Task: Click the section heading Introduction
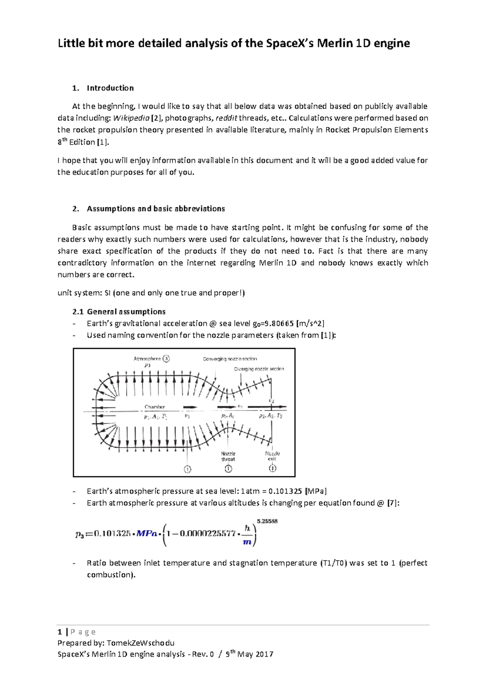110,88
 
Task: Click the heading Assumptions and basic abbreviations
156,209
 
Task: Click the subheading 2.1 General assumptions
119,312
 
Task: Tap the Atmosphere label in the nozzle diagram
147,359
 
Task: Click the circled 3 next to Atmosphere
166,359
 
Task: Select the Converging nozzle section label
230,359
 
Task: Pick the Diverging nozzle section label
259,369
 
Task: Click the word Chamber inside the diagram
155,407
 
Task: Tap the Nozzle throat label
228,456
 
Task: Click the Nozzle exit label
272,456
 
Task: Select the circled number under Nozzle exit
273,469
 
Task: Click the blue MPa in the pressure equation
146,533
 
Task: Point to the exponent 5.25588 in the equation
267,521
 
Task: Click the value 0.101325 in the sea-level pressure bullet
285,491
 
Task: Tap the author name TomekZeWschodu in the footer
141,643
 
